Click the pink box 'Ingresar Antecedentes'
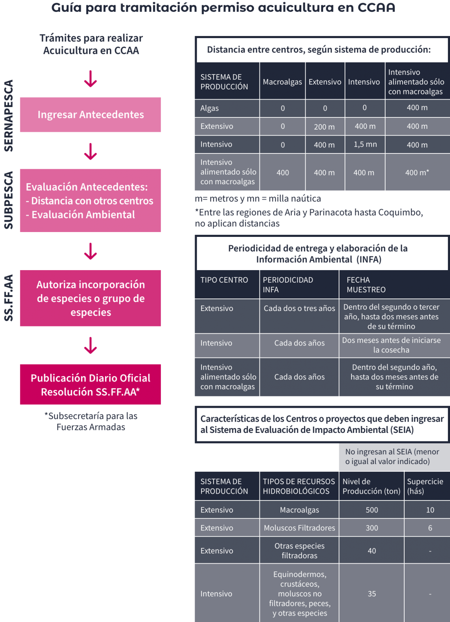pos(90,115)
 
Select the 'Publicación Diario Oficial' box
pos(90,384)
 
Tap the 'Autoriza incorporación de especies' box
pos(90,298)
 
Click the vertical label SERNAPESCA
pos(9,115)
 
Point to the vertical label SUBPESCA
pos(9,200)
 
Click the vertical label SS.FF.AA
pos(9,298)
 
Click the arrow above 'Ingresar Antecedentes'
pos(90,79)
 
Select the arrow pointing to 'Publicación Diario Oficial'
pos(90,345)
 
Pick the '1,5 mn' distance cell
pos(365,145)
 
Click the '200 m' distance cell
pos(324,127)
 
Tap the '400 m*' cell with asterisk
pos(417,173)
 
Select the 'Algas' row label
pos(210,108)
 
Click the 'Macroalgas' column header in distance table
pos(283,82)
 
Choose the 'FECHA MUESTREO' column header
pos(366,285)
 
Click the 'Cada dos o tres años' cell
pos(299,308)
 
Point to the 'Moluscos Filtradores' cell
pos(299,528)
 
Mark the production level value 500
pos(372,510)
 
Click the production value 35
pos(372,594)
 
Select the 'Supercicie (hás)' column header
pos(425,486)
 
